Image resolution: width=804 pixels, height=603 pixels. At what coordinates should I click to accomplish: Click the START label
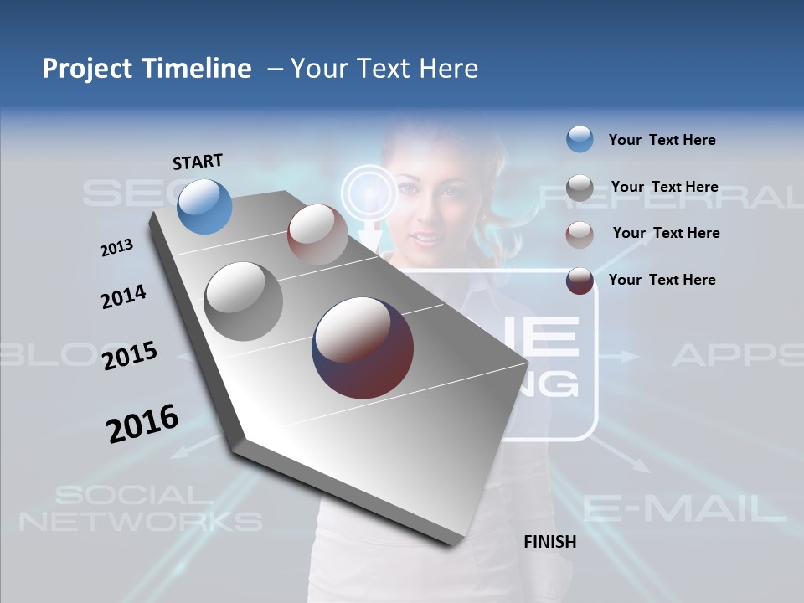[x=198, y=162]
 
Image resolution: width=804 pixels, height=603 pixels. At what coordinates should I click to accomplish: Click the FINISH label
[x=549, y=542]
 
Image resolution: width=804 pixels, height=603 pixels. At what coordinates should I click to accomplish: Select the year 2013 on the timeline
[x=116, y=248]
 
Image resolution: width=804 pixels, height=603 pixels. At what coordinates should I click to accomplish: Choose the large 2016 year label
[x=142, y=423]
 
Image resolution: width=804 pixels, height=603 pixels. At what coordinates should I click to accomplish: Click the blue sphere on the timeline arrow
[x=205, y=206]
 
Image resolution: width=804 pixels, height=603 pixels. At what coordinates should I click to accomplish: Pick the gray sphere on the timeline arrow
[x=244, y=301]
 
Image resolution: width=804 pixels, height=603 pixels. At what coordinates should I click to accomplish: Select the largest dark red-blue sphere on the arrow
[x=363, y=348]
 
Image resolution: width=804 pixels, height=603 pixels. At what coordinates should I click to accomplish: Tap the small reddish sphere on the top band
[x=317, y=234]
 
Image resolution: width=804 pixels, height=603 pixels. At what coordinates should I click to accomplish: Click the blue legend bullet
[x=580, y=139]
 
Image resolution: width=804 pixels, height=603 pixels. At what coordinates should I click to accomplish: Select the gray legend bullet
[x=580, y=188]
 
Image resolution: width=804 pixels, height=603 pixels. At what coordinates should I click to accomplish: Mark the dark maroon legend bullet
[x=580, y=281]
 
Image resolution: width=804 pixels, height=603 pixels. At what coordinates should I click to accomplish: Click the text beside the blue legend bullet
[x=662, y=141]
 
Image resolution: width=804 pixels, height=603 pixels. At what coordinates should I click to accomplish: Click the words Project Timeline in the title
[x=147, y=69]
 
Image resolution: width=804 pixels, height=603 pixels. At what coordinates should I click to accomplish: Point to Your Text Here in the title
[x=384, y=69]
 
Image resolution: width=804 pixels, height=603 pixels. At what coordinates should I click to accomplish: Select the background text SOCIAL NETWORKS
[x=140, y=508]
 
